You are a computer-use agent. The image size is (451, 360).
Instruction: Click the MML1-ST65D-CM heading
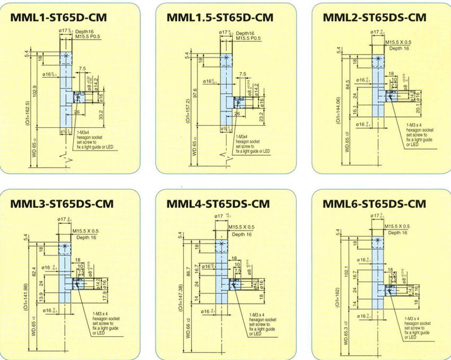58,17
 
